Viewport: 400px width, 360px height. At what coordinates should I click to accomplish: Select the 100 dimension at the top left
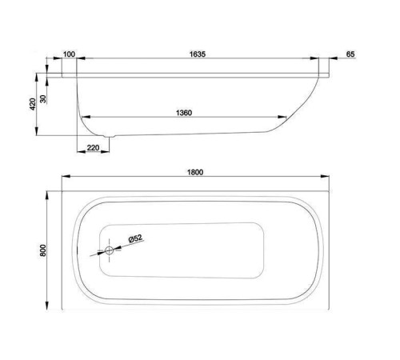[x=68, y=54]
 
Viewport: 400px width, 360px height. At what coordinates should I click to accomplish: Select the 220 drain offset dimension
[x=93, y=146]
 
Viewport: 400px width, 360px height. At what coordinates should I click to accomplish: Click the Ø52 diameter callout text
[x=136, y=237]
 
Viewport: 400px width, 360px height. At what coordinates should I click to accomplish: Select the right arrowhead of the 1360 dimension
[x=287, y=118]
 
